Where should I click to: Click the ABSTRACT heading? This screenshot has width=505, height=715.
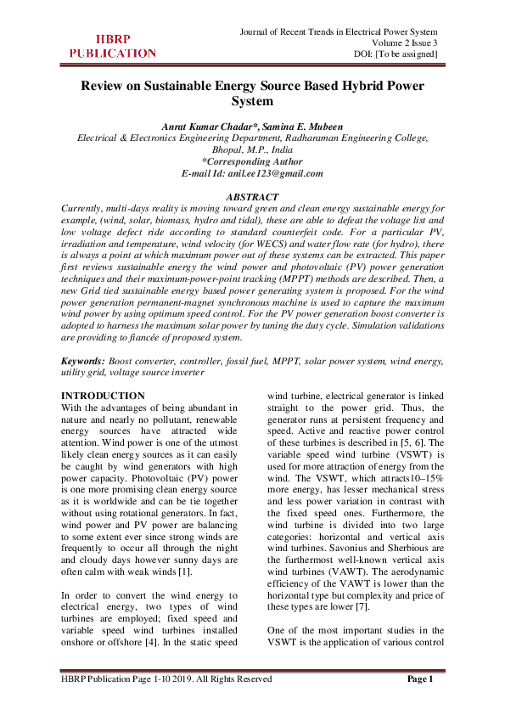point(252,197)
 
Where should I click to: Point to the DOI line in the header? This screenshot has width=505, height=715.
point(396,54)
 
